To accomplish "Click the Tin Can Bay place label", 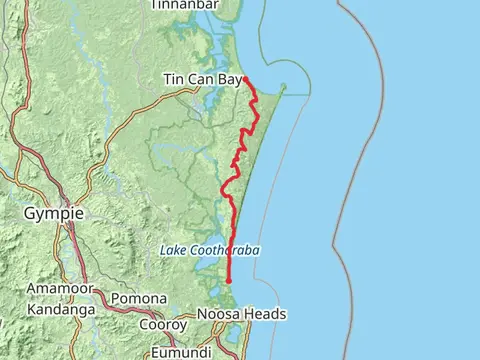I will (201, 80).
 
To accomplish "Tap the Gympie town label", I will (53, 214).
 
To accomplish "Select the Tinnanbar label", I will (185, 5).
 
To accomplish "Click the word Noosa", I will (222, 314).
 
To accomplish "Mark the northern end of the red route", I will (245, 78).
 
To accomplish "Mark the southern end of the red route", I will (229, 283).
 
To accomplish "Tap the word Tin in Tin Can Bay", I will (174, 80).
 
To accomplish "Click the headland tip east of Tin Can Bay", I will (284, 85).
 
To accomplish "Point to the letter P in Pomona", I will (116, 298).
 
